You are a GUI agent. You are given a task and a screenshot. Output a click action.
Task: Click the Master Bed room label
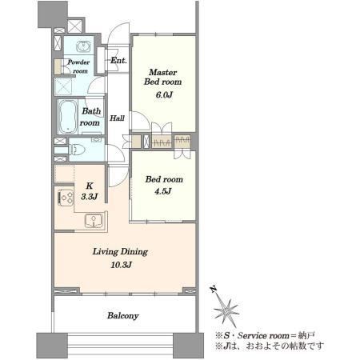[x=163, y=77]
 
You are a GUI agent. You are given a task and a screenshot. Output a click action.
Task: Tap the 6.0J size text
[x=164, y=94]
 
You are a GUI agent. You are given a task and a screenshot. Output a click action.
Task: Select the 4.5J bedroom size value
[x=163, y=191]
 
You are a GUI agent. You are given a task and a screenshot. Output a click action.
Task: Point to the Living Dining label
[x=120, y=252]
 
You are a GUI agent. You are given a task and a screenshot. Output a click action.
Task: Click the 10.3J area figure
[x=122, y=265]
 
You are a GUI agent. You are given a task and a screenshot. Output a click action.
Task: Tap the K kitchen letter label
[x=90, y=186]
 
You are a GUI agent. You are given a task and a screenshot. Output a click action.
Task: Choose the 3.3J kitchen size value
[x=90, y=197]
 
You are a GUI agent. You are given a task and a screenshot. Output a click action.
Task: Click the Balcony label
[x=123, y=316]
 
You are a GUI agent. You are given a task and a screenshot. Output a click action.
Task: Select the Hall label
[x=117, y=118]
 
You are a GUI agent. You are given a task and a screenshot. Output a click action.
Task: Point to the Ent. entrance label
[x=118, y=61]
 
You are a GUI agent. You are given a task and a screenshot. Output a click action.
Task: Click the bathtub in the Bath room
[x=68, y=117]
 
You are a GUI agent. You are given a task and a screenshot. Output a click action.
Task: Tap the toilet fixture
[x=77, y=150]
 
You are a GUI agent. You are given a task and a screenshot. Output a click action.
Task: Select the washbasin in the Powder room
[x=83, y=46]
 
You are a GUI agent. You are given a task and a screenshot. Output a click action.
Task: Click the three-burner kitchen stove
[x=66, y=198]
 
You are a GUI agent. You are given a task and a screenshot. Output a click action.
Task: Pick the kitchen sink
[x=94, y=221]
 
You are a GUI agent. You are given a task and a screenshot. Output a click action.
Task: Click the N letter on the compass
[x=213, y=289]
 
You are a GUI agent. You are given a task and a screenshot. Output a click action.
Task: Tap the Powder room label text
[x=78, y=66]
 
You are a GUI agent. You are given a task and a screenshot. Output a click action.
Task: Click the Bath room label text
[x=90, y=117]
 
